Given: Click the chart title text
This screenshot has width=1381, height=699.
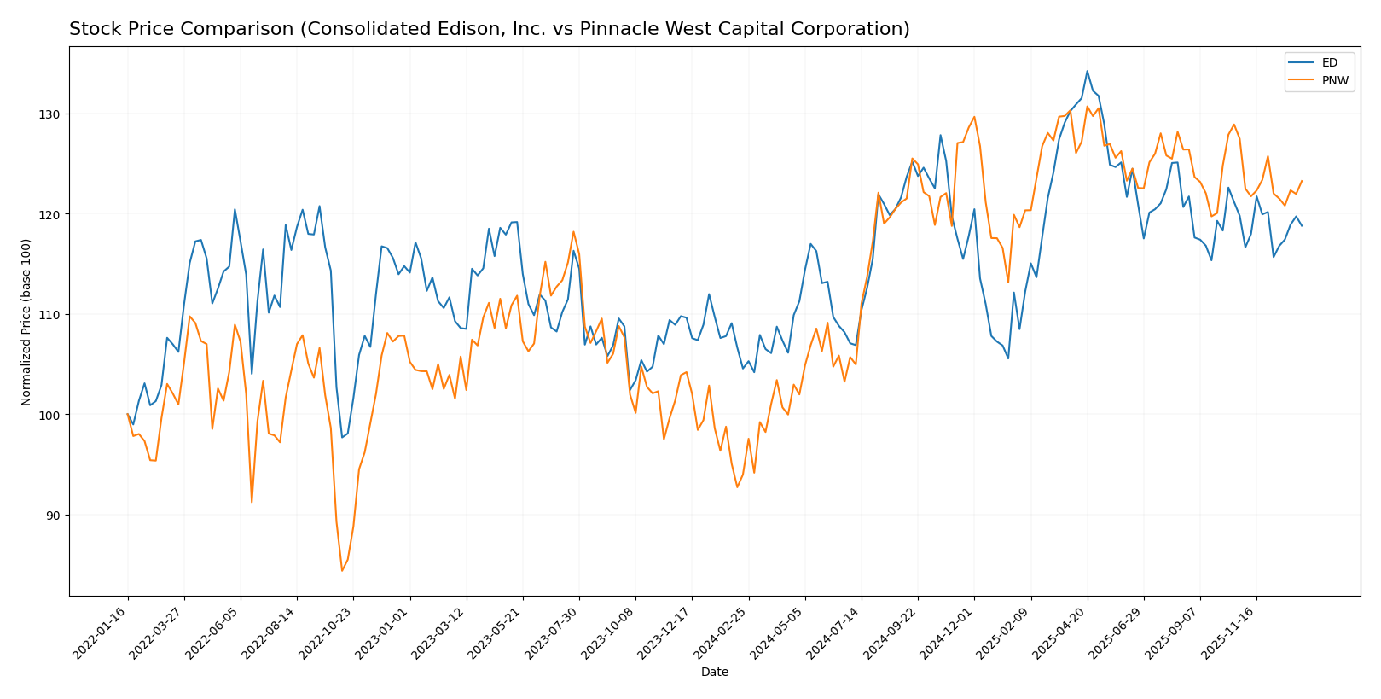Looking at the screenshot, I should click(x=489, y=29).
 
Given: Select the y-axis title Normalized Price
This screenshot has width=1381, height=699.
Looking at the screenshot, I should click(x=26, y=322).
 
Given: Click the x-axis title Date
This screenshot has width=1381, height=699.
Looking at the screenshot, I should click(x=714, y=673).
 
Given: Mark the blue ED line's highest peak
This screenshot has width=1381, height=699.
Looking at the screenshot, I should click(x=1087, y=71).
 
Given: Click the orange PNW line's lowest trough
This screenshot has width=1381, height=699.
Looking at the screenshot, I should click(x=342, y=570).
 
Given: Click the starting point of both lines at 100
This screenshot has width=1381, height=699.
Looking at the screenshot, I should click(x=128, y=415).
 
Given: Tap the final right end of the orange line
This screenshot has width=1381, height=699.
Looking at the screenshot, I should click(x=1302, y=181).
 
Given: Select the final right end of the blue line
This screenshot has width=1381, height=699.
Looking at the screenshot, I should click(x=1302, y=225).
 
